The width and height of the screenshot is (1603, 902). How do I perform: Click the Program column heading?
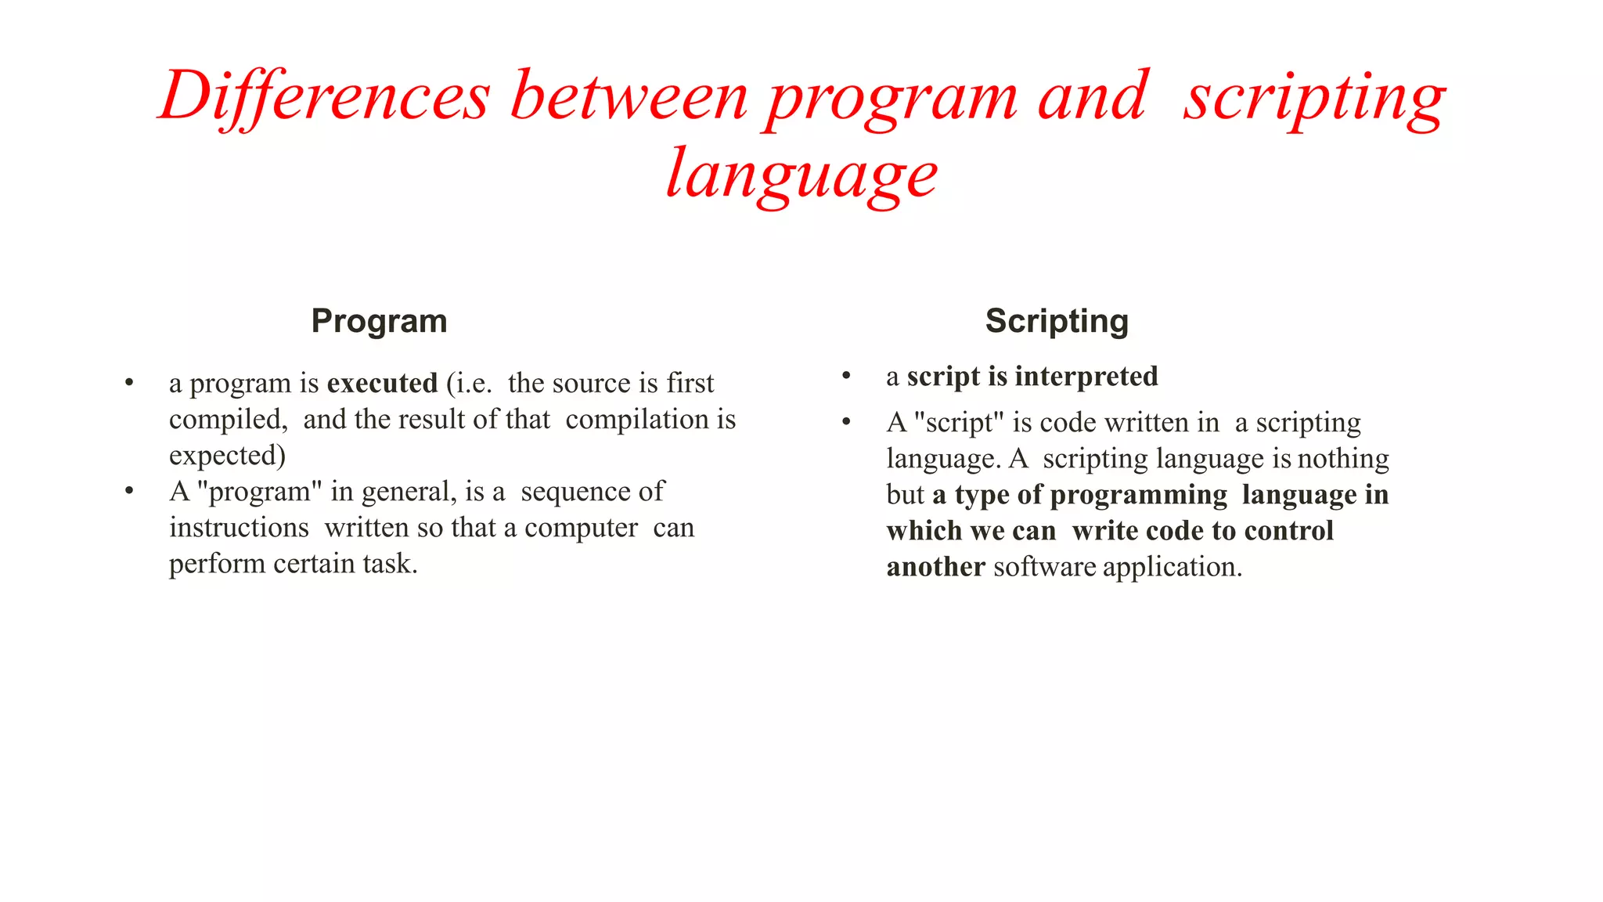pyautogui.click(x=379, y=321)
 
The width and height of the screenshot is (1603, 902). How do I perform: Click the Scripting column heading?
pyautogui.click(x=1057, y=321)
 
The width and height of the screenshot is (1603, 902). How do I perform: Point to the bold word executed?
pyautogui.click(x=382, y=383)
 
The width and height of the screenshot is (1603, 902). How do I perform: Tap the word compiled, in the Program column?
pyautogui.click(x=228, y=420)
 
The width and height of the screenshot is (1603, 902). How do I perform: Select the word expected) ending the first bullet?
pyautogui.click(x=227, y=456)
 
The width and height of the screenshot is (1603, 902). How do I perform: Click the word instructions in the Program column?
pyautogui.click(x=239, y=528)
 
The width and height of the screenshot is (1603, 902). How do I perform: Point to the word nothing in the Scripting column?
pyautogui.click(x=1342, y=459)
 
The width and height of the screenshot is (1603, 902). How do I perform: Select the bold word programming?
pyautogui.click(x=1138, y=495)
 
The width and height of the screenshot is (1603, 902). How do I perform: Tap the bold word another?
pyautogui.click(x=935, y=567)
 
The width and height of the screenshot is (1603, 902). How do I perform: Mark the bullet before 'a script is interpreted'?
pyautogui.click(x=846, y=377)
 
